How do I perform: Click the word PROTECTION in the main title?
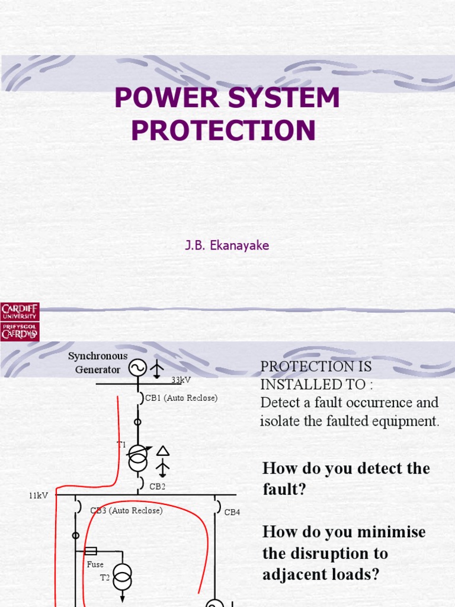pyautogui.click(x=223, y=130)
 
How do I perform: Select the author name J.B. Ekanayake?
pyautogui.click(x=227, y=245)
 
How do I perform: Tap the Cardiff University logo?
pyautogui.click(x=20, y=321)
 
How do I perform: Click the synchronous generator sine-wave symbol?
pyautogui.click(x=137, y=369)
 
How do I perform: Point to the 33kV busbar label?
pyautogui.click(x=182, y=379)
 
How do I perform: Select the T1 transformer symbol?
pyautogui.click(x=137, y=456)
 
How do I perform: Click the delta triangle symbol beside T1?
pyautogui.click(x=163, y=451)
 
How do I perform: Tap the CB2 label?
pyautogui.click(x=157, y=486)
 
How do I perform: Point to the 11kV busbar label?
pyautogui.click(x=39, y=495)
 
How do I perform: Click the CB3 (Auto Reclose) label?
pyautogui.click(x=126, y=510)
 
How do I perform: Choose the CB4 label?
pyautogui.click(x=232, y=512)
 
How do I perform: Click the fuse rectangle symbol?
pyautogui.click(x=91, y=551)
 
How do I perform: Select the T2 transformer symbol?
pyautogui.click(x=123, y=576)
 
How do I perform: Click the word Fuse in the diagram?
pyautogui.click(x=95, y=564)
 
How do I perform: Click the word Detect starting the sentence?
pyautogui.click(x=280, y=402)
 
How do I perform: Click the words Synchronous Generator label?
pyautogui.click(x=98, y=363)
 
